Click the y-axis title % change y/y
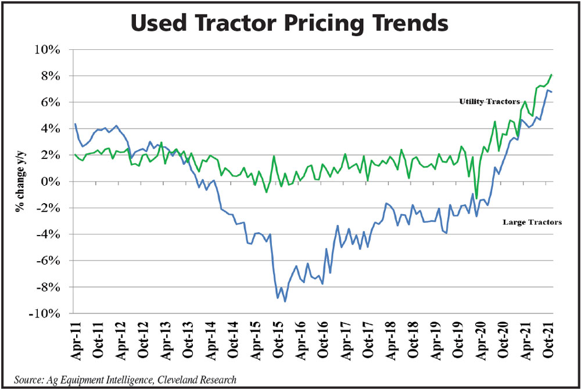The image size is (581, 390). pyautogui.click(x=20, y=182)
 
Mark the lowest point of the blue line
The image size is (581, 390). pyautogui.click(x=285, y=301)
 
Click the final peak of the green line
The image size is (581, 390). pyautogui.click(x=551, y=74)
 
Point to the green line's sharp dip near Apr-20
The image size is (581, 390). pyautogui.click(x=476, y=198)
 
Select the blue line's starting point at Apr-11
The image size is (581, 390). pyautogui.click(x=76, y=124)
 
